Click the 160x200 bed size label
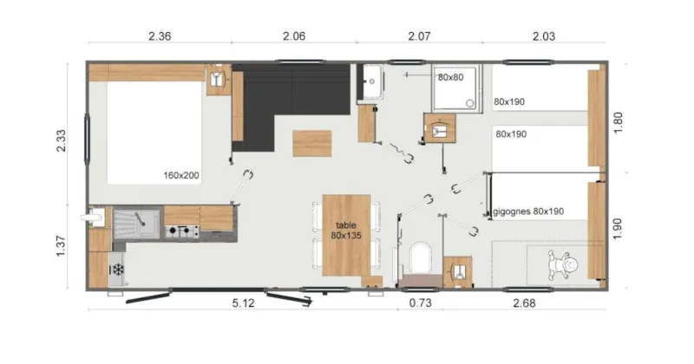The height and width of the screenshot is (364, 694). pos(181,175)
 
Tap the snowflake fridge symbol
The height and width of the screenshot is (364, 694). pos(115,270)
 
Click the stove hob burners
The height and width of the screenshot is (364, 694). pos(181,231)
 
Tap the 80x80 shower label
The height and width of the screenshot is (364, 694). pos(450,78)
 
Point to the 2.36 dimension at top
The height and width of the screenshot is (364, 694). pos(160,36)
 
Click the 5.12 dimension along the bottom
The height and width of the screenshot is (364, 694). pos(242,302)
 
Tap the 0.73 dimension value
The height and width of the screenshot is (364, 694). pos(420,302)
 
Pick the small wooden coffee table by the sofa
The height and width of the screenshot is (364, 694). pos(311,142)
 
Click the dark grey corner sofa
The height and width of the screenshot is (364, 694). pos(278,95)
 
